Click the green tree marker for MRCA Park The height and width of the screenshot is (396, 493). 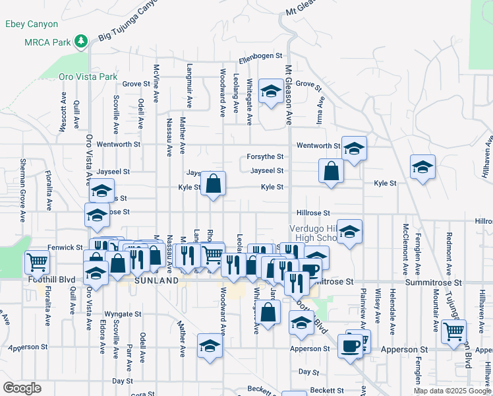pyautogui.click(x=81, y=42)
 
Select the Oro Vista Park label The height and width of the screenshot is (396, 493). pyautogui.click(x=88, y=77)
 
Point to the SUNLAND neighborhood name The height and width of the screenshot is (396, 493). pyautogui.click(x=156, y=280)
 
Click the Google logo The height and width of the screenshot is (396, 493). pyautogui.click(x=22, y=387)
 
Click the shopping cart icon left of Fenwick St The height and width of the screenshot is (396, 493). pyautogui.click(x=37, y=261)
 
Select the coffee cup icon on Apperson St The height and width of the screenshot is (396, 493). pyautogui.click(x=349, y=345)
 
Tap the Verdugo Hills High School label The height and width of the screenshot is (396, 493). pyautogui.click(x=314, y=233)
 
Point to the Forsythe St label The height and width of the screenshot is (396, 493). pyautogui.click(x=265, y=156)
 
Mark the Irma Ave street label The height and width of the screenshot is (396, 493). pyautogui.click(x=322, y=111)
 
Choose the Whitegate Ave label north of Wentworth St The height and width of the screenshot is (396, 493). pyautogui.click(x=249, y=102)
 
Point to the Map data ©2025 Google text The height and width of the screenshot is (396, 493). pyautogui.click(x=451, y=391)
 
